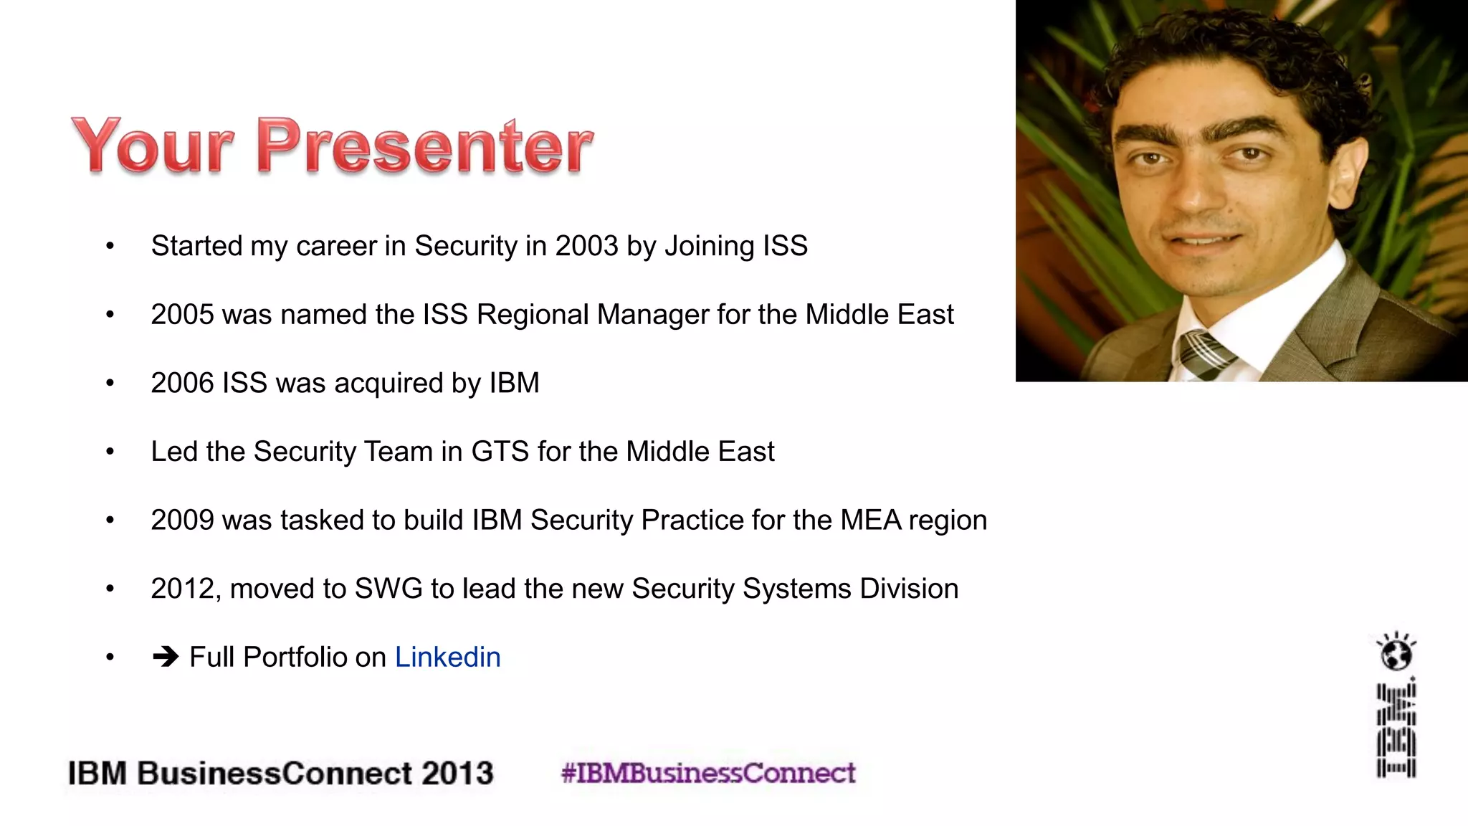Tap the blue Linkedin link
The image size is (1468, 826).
tap(447, 657)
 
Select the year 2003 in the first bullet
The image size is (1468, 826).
tap(586, 246)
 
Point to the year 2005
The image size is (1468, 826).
tap(182, 315)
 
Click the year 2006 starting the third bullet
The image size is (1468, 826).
tap(182, 383)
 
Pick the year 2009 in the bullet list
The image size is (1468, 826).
tap(182, 520)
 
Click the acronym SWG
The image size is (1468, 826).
tap(389, 589)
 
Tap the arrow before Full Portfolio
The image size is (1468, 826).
tap(166, 657)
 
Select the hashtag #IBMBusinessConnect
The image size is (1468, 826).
tap(708, 773)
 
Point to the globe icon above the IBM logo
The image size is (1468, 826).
tap(1396, 652)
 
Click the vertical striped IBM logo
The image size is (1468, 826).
tap(1396, 730)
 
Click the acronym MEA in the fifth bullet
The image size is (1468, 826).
tap(870, 520)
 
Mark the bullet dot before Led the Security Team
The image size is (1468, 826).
tap(110, 452)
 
